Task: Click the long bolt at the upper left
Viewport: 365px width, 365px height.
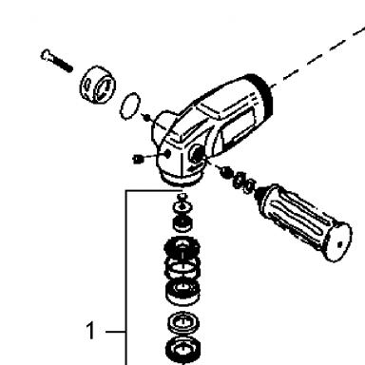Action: point(57,61)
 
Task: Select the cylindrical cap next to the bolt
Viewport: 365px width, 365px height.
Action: point(97,85)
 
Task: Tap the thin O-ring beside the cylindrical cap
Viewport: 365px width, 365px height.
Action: point(130,106)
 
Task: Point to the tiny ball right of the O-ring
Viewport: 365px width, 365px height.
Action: point(146,118)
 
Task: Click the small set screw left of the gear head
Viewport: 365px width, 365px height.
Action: point(138,159)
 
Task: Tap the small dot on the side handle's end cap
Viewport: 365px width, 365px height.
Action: point(339,244)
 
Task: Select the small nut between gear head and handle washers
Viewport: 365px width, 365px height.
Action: point(225,172)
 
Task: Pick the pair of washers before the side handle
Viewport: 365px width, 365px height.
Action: point(244,183)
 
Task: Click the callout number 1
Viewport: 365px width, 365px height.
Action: point(90,331)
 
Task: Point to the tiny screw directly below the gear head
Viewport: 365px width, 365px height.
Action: point(182,197)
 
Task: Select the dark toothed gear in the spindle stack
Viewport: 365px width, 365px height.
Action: point(182,247)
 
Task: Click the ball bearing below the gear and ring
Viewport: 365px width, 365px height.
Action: point(182,293)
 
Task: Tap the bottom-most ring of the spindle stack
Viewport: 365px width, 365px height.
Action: point(182,351)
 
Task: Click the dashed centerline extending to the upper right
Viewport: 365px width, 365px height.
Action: point(318,57)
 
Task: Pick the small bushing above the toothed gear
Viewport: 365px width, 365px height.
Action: point(182,222)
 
